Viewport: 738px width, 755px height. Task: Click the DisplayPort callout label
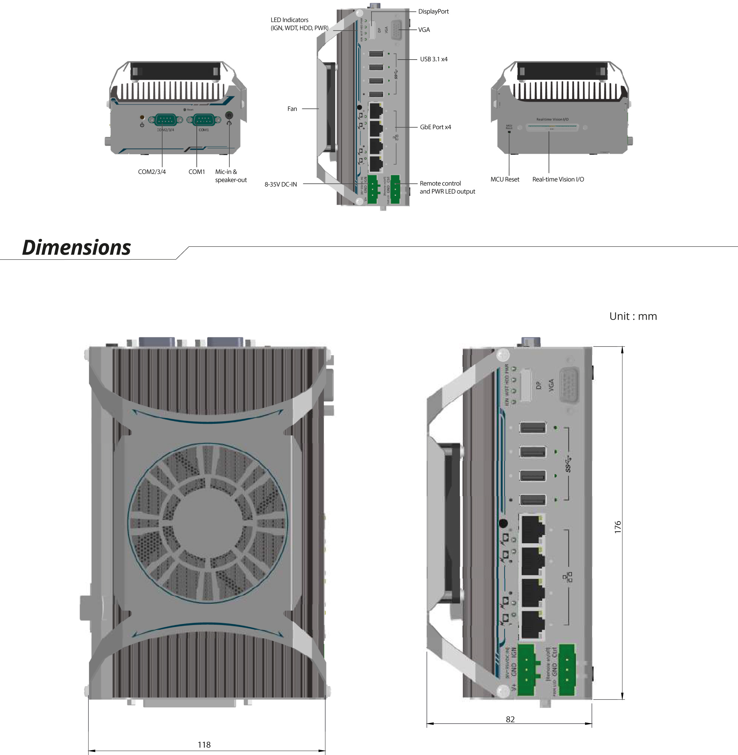tap(433, 12)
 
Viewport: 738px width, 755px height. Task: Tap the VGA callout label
tap(424, 30)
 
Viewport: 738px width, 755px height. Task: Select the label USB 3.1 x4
tap(433, 59)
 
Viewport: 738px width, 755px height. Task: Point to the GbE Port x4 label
tap(435, 127)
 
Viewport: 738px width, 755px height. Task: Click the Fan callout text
tap(292, 109)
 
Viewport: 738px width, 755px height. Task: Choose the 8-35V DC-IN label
tap(281, 185)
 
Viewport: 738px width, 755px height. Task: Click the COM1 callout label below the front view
tap(196, 172)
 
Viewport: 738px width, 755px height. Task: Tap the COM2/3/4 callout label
tap(152, 172)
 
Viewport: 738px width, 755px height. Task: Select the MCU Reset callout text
tap(505, 179)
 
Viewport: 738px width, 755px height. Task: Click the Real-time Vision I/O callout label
tap(558, 179)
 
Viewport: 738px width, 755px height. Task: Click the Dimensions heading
tap(76, 248)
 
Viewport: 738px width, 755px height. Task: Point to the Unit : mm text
tap(633, 316)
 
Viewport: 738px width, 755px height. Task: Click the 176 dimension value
tap(618, 527)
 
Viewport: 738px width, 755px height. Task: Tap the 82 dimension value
tap(510, 719)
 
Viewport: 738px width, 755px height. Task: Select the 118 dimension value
tap(204, 744)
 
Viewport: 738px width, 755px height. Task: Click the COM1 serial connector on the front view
tap(203, 120)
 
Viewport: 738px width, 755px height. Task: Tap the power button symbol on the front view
tap(142, 125)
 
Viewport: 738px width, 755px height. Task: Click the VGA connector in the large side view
tap(569, 386)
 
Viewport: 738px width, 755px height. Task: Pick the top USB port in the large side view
tap(533, 428)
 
